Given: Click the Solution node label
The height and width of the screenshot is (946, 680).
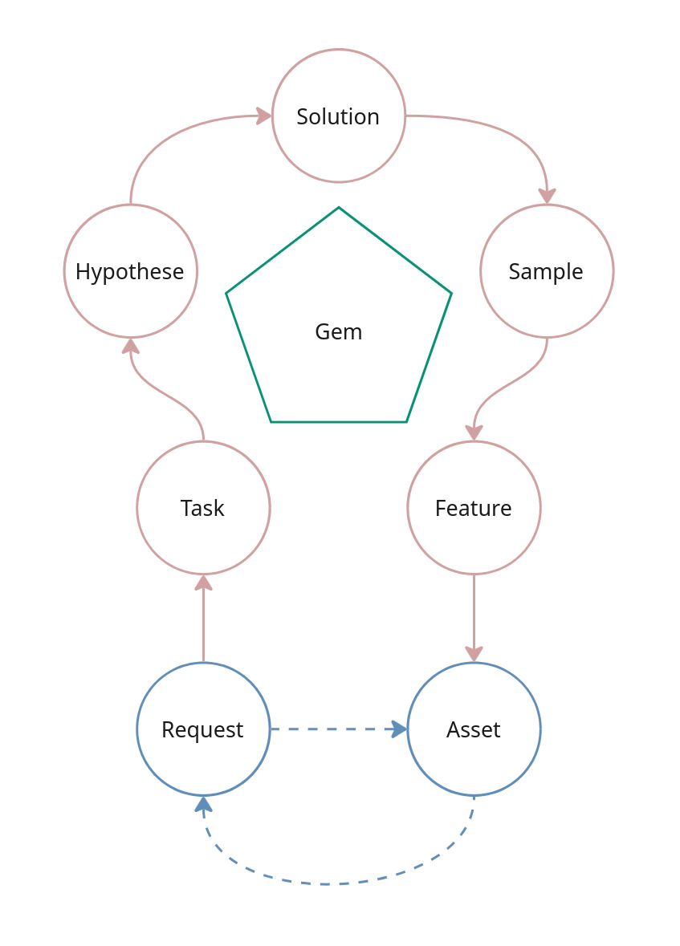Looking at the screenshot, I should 338,116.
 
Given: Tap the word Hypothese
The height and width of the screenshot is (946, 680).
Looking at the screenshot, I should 130,271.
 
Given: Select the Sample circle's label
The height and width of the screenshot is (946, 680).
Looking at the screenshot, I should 546,271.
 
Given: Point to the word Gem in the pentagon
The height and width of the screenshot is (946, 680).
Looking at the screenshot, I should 339,331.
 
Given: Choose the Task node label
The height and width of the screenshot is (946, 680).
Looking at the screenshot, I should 203,508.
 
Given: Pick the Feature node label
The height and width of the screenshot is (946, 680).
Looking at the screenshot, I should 474,508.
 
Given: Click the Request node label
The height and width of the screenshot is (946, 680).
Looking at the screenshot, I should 203,729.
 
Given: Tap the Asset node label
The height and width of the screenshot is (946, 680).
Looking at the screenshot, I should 474,729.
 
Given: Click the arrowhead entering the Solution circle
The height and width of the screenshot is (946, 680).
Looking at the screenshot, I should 264,116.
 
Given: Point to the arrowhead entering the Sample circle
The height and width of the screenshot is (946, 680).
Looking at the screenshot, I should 547,196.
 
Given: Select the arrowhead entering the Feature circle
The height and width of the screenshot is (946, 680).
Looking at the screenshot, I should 474,432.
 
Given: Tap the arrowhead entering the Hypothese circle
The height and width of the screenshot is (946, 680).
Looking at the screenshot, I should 131,346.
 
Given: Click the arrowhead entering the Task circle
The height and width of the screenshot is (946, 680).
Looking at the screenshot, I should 203,583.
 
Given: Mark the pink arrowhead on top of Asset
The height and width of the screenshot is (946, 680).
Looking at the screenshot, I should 474,654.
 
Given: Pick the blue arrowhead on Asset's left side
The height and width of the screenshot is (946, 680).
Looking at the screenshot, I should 398,729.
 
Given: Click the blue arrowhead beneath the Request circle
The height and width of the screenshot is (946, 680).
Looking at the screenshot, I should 204,805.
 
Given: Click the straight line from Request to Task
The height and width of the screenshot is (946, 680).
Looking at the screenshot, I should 203,626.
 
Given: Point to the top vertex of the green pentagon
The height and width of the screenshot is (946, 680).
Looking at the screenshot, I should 339,208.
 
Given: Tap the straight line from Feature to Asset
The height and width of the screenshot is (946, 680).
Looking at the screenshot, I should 474,610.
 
